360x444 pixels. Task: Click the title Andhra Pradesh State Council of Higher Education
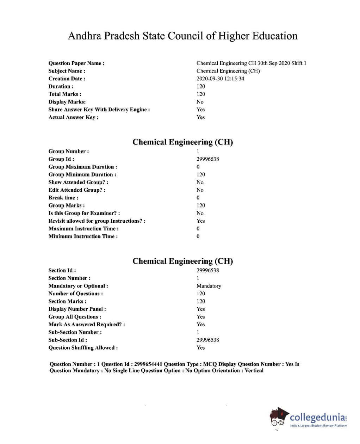pos(182,36)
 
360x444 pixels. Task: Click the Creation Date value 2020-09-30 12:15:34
pos(220,79)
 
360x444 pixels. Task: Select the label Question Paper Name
pos(76,63)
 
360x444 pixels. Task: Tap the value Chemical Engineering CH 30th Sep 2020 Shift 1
pos(251,63)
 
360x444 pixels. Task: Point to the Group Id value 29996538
pos(207,159)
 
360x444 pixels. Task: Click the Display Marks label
pos(67,102)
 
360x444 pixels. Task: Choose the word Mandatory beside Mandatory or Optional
pos(209,286)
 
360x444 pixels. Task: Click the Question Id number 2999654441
pos(148,364)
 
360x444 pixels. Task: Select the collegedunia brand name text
pos(317,418)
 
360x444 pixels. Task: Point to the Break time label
pos(63,198)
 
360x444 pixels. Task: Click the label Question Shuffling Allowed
pos(83,348)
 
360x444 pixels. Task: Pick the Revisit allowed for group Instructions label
pos(97,221)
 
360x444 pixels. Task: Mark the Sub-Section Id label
pos(67,340)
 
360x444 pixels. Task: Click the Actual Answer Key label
pos(73,117)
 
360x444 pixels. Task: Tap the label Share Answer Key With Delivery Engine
pos(99,110)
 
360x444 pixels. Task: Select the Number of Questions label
pos(75,294)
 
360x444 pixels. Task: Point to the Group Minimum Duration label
pos(82,175)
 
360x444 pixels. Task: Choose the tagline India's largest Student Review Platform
pos(318,426)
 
